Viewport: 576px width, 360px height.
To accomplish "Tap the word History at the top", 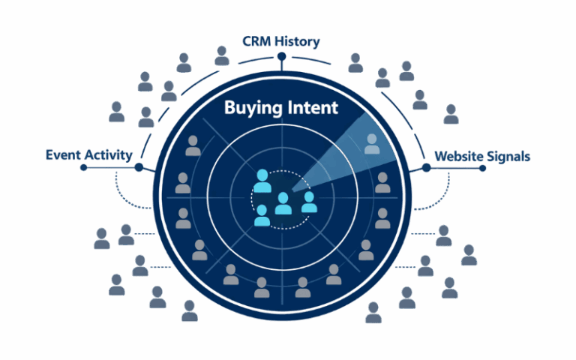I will pos(298,41).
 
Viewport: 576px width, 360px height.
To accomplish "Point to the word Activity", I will pos(108,155).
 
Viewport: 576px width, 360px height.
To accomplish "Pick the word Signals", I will pos(510,157).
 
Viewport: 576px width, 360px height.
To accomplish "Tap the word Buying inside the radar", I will pos(251,109).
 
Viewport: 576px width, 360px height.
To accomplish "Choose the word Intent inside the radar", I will pos(310,108).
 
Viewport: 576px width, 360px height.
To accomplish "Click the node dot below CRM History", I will pos(282,57).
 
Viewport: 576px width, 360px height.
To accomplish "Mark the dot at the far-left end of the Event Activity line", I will pos(84,168).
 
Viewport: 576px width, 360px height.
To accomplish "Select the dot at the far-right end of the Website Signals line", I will pos(482,168).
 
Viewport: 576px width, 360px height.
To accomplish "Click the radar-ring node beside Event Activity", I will pos(139,168).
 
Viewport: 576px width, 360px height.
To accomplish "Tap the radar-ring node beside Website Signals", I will pos(426,168).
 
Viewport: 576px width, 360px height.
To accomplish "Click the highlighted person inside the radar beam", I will pos(372,143).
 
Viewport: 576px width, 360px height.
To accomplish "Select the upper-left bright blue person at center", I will pos(262,180).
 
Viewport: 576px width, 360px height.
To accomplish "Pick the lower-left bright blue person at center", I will pos(262,215).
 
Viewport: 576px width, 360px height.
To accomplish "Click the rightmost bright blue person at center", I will pos(308,202).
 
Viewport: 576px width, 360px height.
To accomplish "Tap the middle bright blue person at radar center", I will pos(283,203).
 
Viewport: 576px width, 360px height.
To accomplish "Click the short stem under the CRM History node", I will pos(282,66).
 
